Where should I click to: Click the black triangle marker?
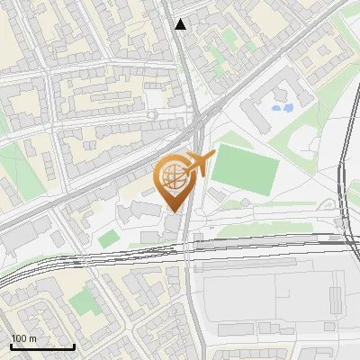[x=181, y=24]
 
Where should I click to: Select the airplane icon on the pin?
[x=197, y=164]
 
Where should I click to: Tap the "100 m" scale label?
[x=24, y=338]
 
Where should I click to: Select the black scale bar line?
[x=42, y=346]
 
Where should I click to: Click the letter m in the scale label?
[x=33, y=338]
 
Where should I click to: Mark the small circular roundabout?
[x=152, y=115]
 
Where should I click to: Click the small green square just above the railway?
[x=108, y=238]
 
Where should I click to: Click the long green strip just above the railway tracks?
[x=270, y=229]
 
